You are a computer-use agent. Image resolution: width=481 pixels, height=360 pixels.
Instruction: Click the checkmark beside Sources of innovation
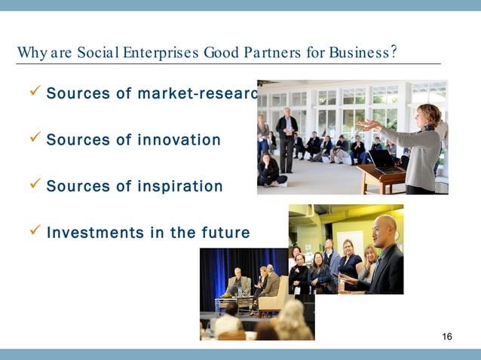click(33, 139)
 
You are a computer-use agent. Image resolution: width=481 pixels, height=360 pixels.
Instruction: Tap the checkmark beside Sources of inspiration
click(33, 185)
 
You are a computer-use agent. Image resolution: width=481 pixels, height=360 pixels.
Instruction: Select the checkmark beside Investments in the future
click(33, 232)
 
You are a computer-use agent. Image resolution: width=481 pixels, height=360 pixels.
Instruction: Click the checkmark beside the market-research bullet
click(33, 93)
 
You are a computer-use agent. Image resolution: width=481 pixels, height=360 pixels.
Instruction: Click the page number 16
click(447, 336)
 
